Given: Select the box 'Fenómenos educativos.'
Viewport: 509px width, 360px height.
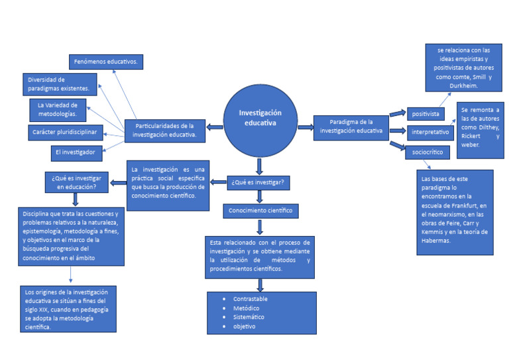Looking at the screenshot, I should [106, 62].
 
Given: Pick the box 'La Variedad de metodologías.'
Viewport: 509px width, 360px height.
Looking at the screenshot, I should [58, 109].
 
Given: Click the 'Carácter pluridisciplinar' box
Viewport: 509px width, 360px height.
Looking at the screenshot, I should [64, 133].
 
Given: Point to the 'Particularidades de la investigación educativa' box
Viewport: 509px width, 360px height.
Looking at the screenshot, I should [164, 130].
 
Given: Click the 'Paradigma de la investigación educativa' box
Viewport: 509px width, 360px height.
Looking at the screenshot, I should [351, 126].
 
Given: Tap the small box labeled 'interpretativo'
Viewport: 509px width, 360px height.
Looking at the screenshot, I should [429, 132].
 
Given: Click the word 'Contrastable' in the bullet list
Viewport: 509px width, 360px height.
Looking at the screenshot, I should [251, 299].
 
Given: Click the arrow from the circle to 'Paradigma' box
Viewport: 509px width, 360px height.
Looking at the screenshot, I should [305, 127].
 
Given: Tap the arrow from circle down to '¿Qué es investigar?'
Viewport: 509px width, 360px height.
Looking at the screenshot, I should [259, 165].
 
